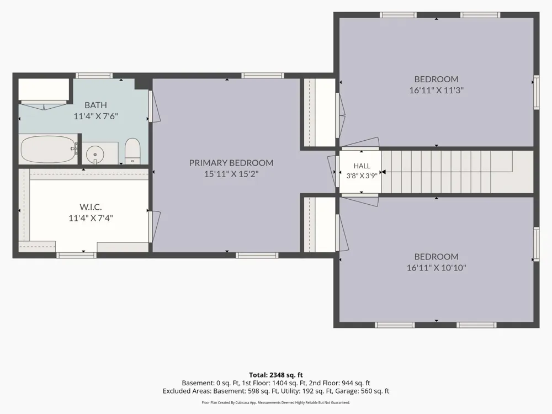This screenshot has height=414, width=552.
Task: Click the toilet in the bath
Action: (132, 151)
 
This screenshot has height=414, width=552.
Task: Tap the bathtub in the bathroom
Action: (49, 149)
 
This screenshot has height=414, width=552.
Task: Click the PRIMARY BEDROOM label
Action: (231, 163)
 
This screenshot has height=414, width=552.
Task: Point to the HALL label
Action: (362, 166)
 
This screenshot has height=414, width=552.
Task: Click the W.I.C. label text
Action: (91, 206)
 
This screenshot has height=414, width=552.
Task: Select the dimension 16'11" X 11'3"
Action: (436, 90)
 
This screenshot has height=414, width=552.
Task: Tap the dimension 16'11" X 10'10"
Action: (436, 268)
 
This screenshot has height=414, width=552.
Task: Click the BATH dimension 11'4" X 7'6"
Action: (95, 116)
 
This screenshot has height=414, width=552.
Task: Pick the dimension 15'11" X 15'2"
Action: (231, 174)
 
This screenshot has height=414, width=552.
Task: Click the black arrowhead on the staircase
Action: (384, 172)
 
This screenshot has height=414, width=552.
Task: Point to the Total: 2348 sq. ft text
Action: (276, 375)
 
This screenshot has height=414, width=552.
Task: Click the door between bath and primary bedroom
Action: (154, 107)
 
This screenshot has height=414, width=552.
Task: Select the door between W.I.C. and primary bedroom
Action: (154, 226)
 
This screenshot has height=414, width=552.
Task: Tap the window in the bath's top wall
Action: (94, 75)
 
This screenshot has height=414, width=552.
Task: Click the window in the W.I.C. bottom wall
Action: (76, 255)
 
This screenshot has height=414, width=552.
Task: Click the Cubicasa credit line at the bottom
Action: (276, 402)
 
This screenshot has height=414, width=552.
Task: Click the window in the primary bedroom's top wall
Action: (262, 75)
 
